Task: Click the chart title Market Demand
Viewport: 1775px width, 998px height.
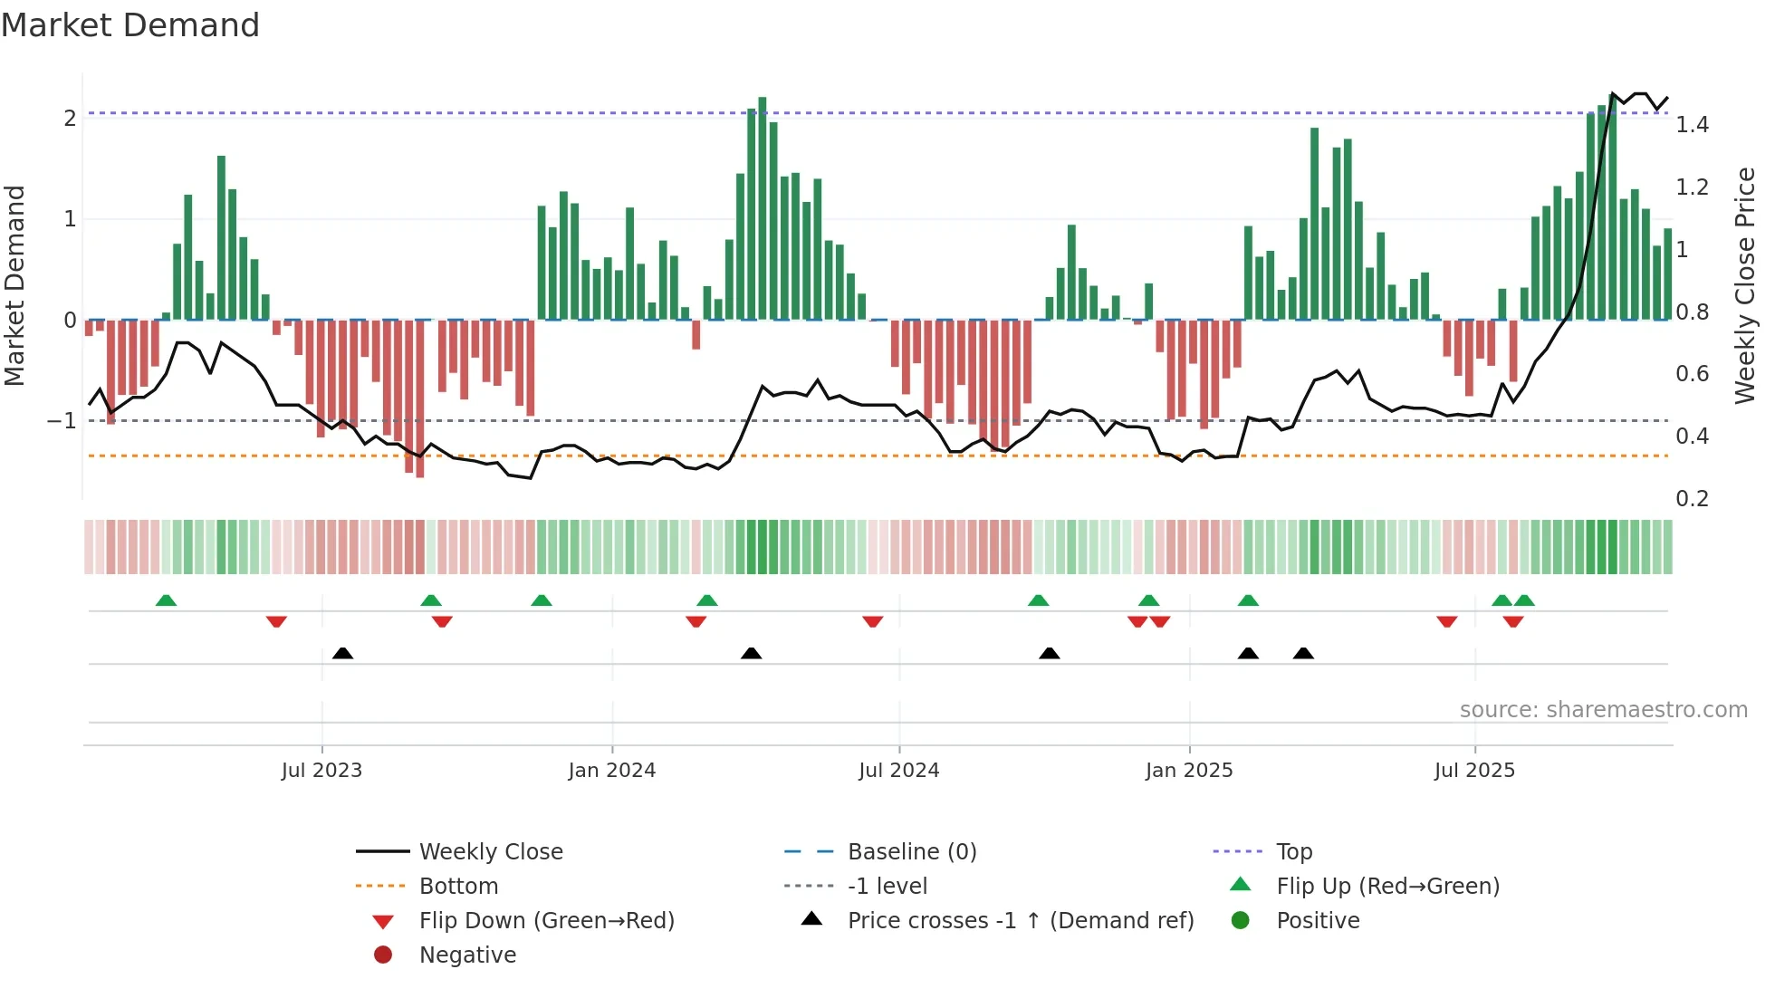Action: (x=130, y=25)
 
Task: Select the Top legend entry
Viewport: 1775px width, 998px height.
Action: (x=1293, y=852)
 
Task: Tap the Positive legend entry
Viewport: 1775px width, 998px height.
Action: (x=1317, y=921)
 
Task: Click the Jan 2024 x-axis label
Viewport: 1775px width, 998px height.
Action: (x=611, y=771)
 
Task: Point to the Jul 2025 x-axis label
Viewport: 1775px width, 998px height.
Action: (x=1473, y=771)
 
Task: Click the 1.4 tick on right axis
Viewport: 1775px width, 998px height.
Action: (x=1691, y=125)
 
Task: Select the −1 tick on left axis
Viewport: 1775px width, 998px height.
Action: (x=62, y=421)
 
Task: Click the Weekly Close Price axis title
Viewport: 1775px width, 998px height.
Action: (x=1744, y=285)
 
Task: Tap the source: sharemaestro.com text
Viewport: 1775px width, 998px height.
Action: (x=1603, y=710)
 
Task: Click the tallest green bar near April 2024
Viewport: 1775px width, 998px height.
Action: (x=763, y=208)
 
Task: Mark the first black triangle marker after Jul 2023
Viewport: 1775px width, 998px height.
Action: (x=342, y=654)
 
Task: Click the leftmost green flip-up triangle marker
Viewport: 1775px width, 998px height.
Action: (x=166, y=600)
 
